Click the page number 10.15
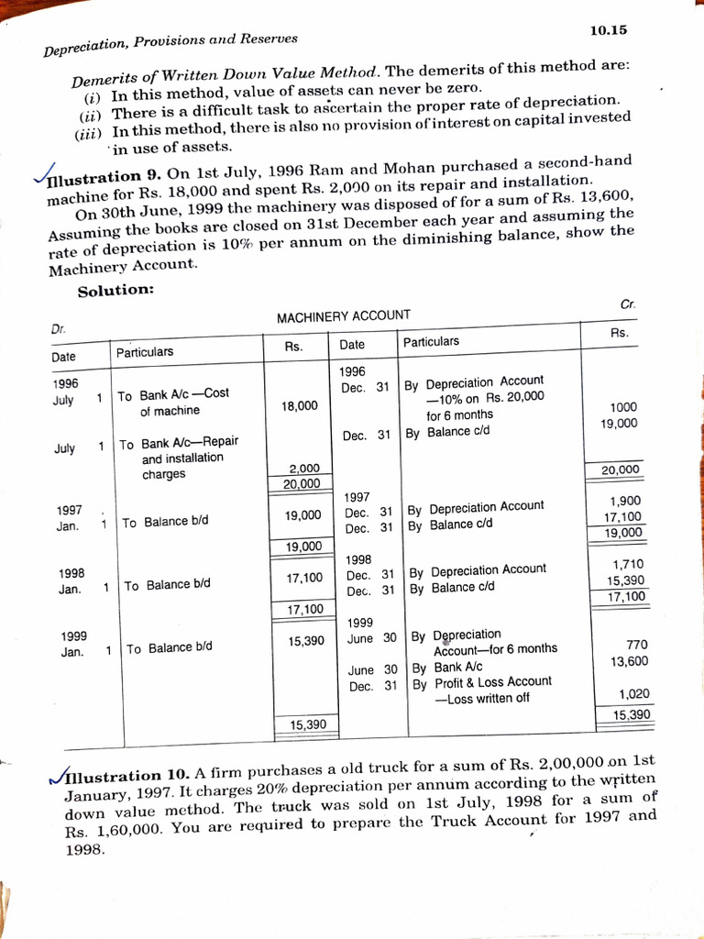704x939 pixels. tap(608, 30)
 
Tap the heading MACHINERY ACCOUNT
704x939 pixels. tap(343, 316)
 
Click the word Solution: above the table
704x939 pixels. tap(115, 291)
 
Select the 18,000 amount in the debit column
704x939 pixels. tap(301, 405)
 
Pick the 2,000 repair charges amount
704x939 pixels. tap(303, 468)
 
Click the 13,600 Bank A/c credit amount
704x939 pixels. tap(629, 661)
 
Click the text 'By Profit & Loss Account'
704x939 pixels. tap(481, 682)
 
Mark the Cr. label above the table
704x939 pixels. tap(628, 304)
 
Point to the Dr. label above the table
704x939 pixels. tap(58, 327)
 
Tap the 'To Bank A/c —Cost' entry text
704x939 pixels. tap(172, 395)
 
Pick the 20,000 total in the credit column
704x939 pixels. tap(621, 470)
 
